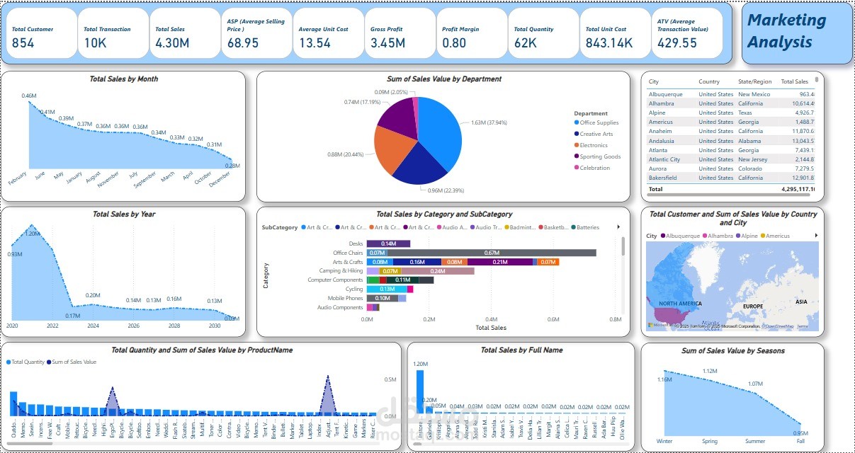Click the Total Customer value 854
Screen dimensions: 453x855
pyautogui.click(x=23, y=43)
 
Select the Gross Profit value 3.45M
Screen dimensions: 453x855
pyautogui.click(x=387, y=43)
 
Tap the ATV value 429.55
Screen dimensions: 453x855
pyautogui.click(x=676, y=43)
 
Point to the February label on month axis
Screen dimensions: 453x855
pyautogui.click(x=18, y=179)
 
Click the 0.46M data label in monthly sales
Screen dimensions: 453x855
pyautogui.click(x=29, y=96)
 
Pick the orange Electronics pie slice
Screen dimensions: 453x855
pyautogui.click(x=394, y=150)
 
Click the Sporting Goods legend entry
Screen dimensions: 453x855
pyautogui.click(x=599, y=156)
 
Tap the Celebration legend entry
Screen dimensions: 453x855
pyautogui.click(x=594, y=168)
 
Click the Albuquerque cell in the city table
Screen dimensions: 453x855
pyautogui.click(x=666, y=94)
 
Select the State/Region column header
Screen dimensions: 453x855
pyautogui.click(x=754, y=82)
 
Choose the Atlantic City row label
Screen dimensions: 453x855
pyautogui.click(x=664, y=159)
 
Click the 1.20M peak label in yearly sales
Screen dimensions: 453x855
pyautogui.click(x=32, y=233)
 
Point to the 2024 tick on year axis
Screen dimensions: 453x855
pyautogui.click(x=93, y=326)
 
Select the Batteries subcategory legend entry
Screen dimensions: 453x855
pyautogui.click(x=587, y=227)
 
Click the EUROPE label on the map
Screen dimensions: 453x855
pyautogui.click(x=752, y=306)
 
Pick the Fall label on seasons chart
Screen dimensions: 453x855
pyautogui.click(x=800, y=441)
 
